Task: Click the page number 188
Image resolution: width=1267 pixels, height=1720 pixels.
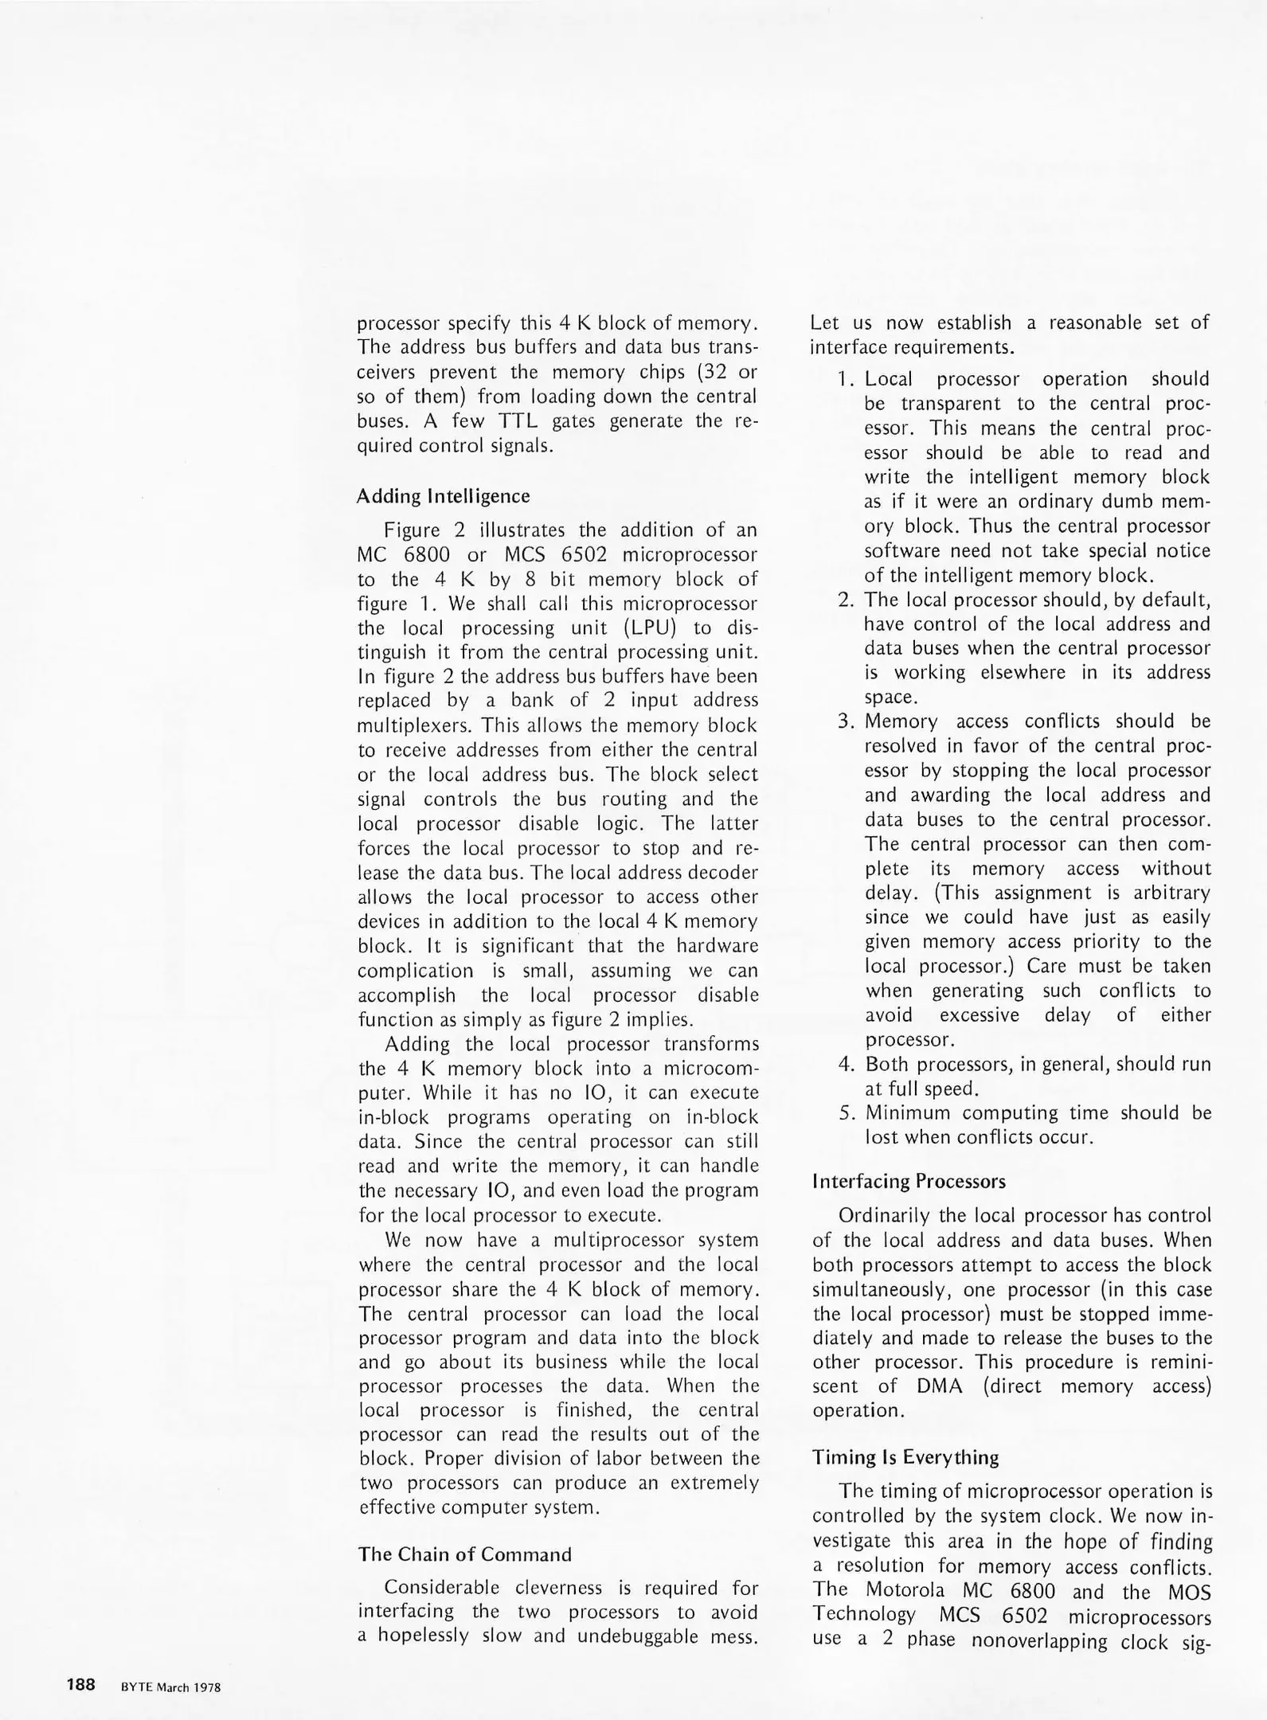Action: coord(81,1684)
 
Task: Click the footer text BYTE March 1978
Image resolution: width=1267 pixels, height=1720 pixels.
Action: coord(170,1687)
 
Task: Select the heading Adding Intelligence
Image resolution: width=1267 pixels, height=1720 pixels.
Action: coord(443,496)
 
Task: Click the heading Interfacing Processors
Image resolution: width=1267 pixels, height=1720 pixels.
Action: coord(909,1181)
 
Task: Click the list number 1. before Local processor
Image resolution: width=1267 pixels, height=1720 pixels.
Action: coord(846,380)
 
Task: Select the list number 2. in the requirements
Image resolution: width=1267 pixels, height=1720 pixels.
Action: coord(847,600)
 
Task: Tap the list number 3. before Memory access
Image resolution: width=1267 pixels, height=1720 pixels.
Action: coord(847,722)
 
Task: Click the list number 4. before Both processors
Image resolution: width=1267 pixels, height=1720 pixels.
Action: coord(847,1065)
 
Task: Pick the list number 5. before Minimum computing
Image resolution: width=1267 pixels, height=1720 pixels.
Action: coord(847,1113)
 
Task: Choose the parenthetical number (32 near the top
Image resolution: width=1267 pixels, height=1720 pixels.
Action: coord(710,373)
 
